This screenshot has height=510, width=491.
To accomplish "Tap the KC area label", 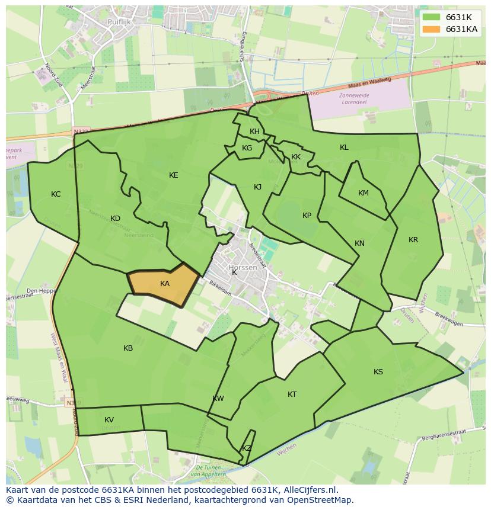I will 56,194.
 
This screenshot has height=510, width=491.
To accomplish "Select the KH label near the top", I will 254,131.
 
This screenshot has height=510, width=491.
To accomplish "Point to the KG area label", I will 247,148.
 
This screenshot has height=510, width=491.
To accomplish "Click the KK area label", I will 296,157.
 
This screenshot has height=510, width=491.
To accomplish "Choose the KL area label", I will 344,147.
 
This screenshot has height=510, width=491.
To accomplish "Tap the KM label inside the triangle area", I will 364,193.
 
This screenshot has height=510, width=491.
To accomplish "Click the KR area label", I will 413,240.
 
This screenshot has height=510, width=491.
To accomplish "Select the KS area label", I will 378,372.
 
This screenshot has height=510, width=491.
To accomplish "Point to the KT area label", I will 292,394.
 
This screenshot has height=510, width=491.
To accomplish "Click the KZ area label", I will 247,448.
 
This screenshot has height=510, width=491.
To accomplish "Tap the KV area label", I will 109,420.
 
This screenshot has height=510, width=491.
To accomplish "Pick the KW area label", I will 218,399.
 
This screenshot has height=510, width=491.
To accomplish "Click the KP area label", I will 307,216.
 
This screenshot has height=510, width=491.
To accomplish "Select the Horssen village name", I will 243,268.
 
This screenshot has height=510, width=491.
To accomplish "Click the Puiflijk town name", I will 119,22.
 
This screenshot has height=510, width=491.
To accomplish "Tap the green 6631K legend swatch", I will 431,17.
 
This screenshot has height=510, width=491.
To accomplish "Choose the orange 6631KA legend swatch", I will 431,29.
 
